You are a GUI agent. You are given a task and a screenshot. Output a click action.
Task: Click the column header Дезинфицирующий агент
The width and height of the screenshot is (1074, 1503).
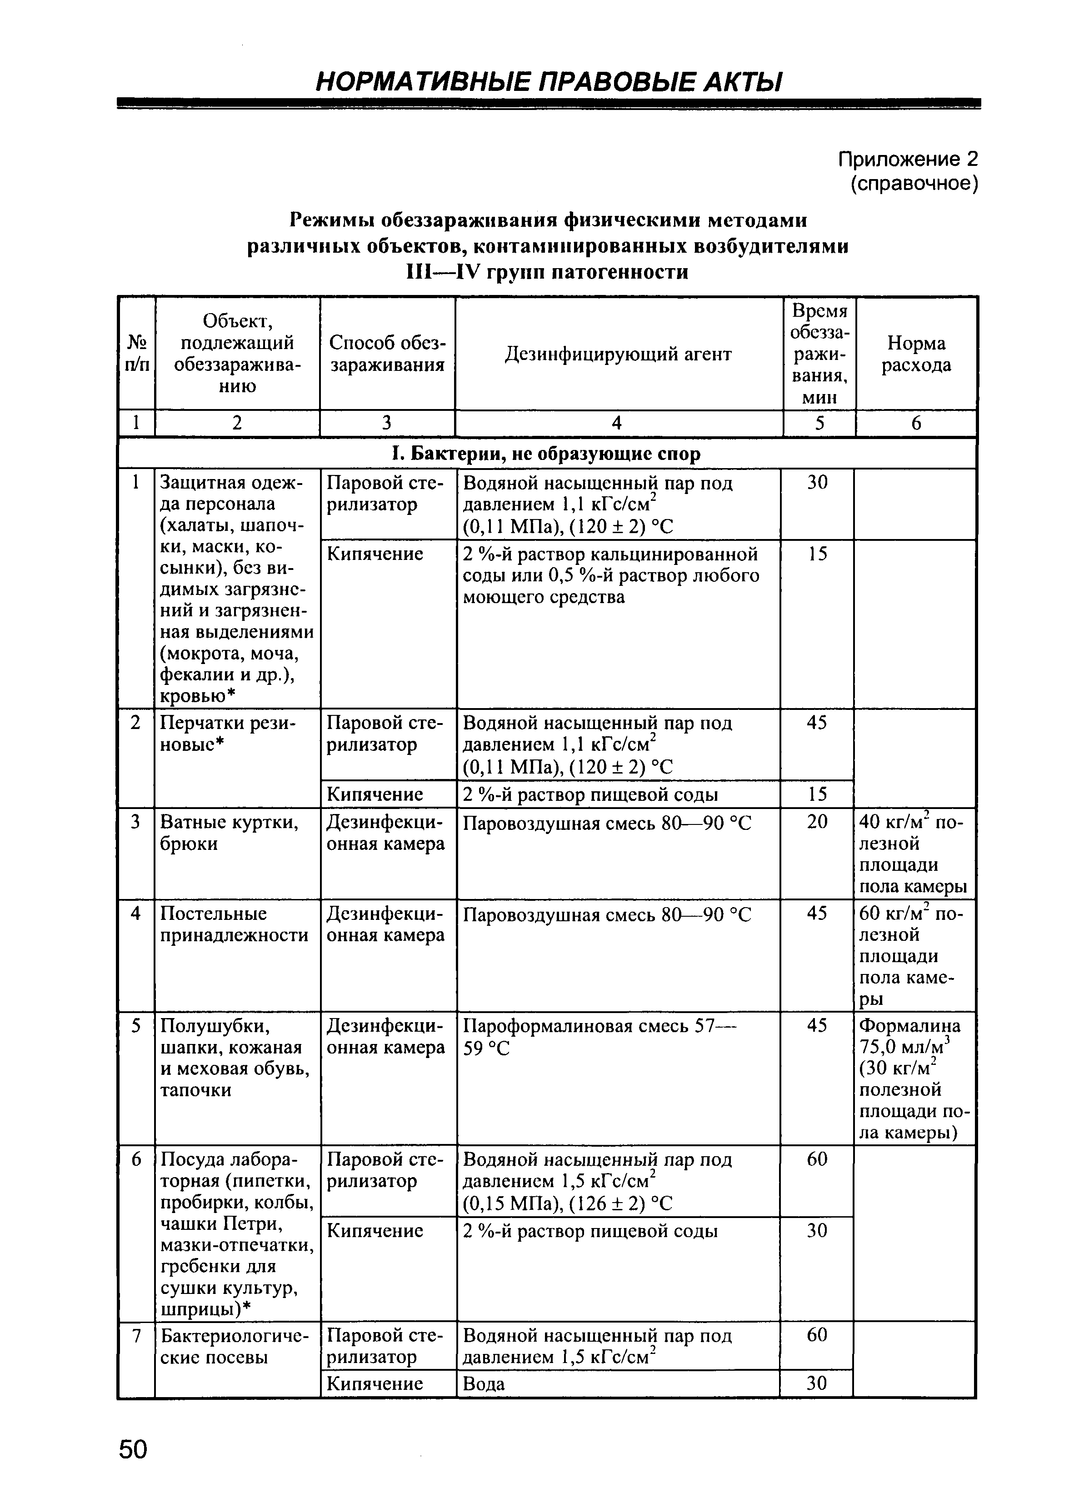tap(618, 355)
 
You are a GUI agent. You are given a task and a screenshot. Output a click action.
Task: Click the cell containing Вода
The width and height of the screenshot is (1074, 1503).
tap(484, 1384)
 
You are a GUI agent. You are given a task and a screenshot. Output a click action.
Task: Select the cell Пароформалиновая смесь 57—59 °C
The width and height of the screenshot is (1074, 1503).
tap(599, 1037)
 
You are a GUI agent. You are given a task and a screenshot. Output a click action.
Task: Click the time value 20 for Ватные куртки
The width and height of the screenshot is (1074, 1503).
tap(817, 821)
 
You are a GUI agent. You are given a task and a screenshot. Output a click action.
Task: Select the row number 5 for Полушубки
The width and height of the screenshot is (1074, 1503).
tap(136, 1026)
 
